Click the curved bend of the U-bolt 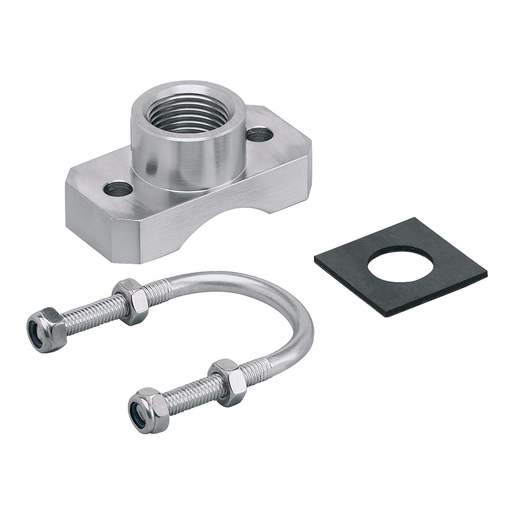point(291,312)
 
